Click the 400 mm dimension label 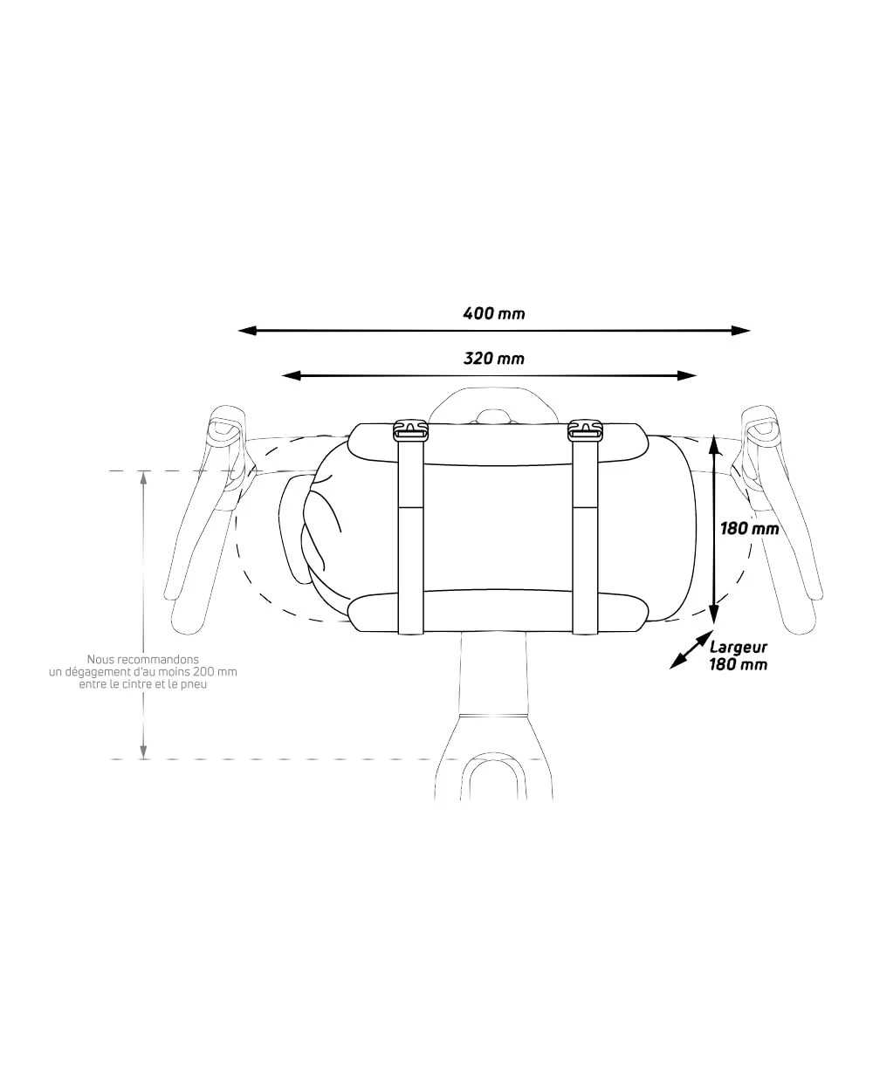click(x=493, y=313)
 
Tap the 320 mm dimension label click(x=493, y=359)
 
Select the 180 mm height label click(x=749, y=529)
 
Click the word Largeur click(x=738, y=647)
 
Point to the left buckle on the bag click(x=410, y=430)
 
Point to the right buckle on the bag click(x=585, y=430)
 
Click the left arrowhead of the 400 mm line click(x=246, y=331)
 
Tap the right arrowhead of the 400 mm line click(x=740, y=331)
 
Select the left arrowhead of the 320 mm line click(x=291, y=375)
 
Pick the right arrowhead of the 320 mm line click(x=687, y=375)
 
